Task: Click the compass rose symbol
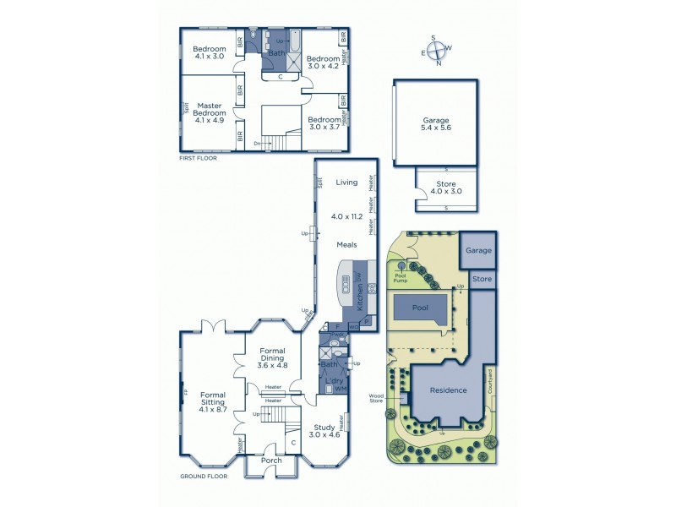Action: point(437,50)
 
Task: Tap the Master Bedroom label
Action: point(210,112)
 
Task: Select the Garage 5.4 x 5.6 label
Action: point(436,125)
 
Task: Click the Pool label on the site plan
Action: point(421,308)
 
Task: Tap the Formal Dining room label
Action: point(273,357)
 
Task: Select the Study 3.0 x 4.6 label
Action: point(324,431)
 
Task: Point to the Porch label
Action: point(271,461)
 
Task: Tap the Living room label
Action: point(347,182)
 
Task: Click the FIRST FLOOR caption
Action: point(199,158)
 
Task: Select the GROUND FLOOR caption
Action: point(204,477)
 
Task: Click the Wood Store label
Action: point(377,396)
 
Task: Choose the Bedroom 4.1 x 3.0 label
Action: point(209,52)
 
